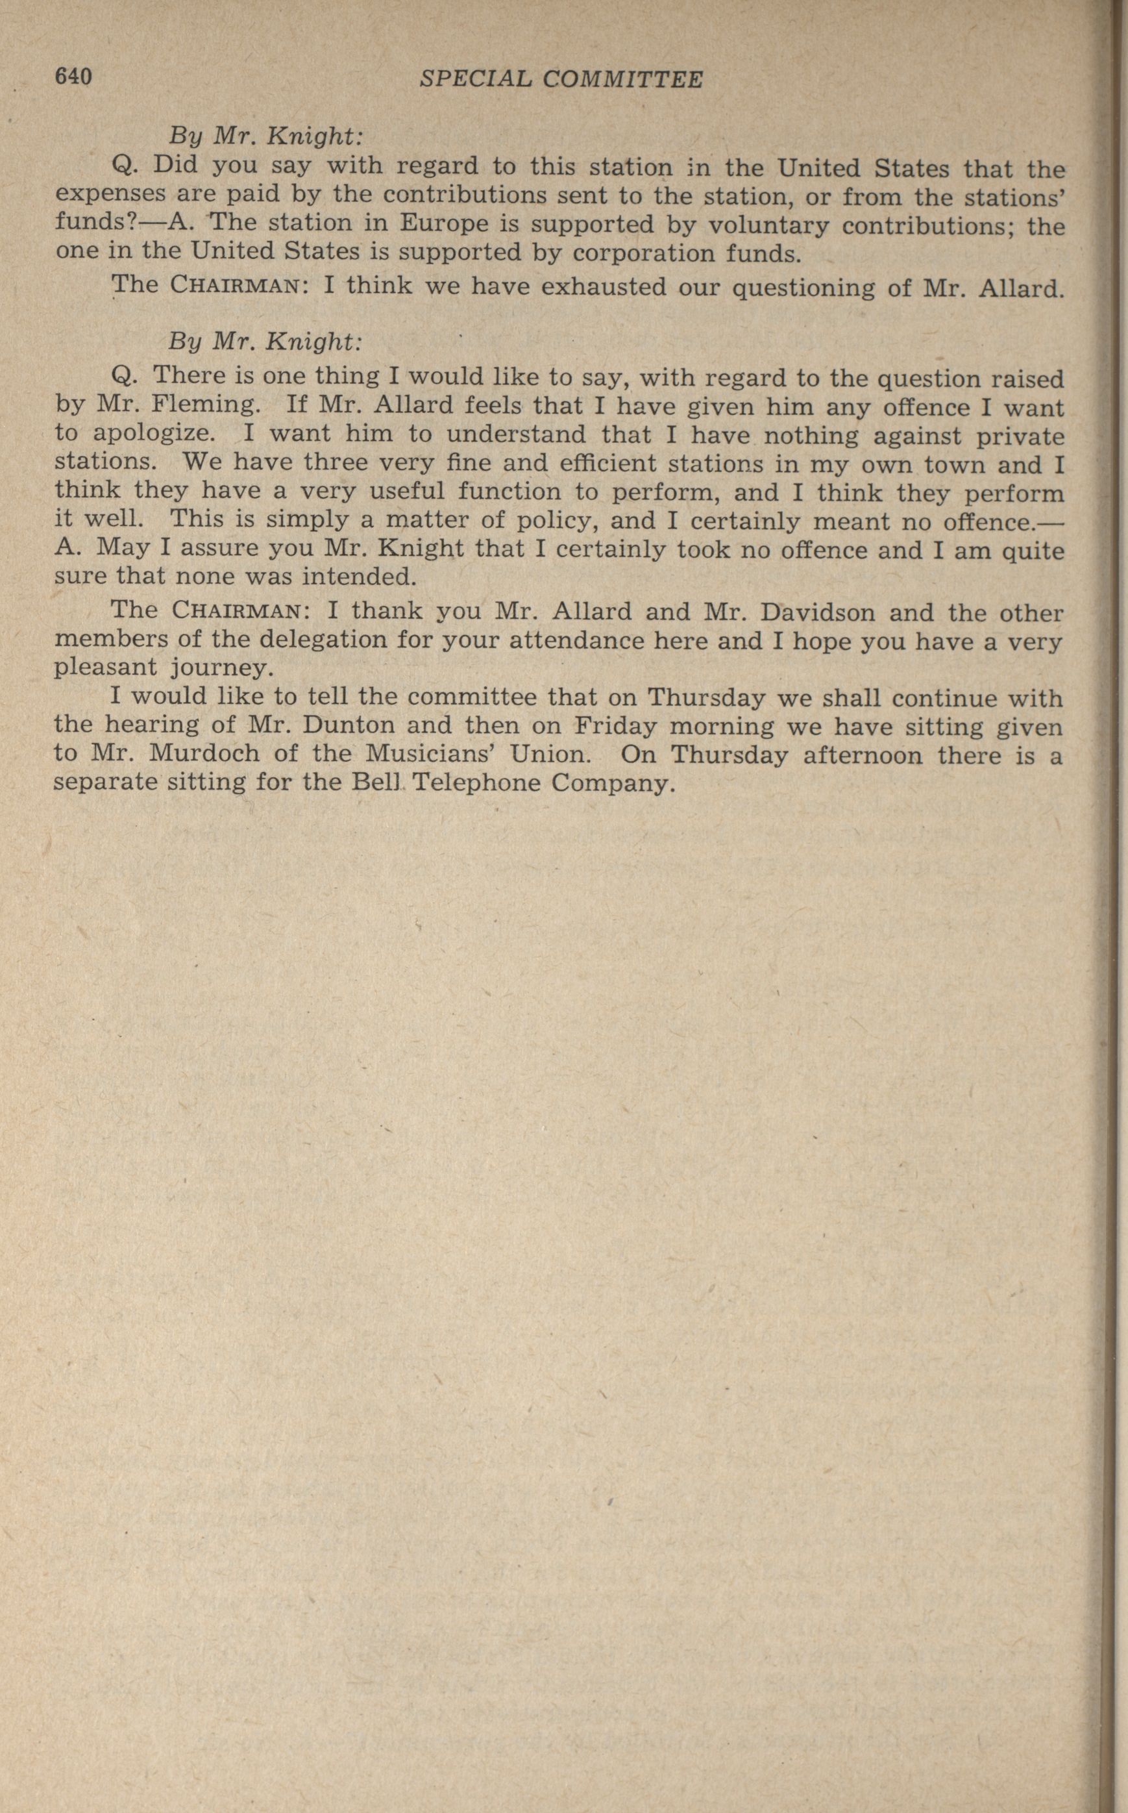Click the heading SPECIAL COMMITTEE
pos(561,79)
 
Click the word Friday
pos(616,725)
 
